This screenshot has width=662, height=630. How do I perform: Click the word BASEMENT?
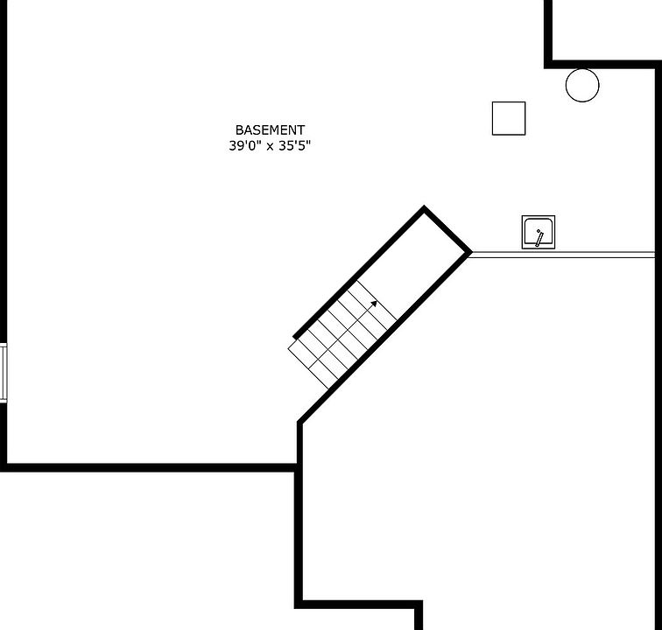coord(270,129)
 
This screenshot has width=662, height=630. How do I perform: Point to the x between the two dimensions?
coord(270,147)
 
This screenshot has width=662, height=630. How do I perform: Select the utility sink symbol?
coord(539,232)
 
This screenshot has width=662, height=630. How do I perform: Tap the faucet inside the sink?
coord(539,238)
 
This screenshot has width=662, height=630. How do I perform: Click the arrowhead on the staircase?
coord(374,304)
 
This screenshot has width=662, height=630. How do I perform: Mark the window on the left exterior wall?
coord(4,373)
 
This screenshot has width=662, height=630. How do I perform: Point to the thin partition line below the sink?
coord(561,255)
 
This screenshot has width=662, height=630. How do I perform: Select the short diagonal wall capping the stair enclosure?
coord(447,229)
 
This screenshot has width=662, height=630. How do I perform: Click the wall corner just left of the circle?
coord(548,65)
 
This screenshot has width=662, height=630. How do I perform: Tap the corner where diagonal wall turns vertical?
coord(300,423)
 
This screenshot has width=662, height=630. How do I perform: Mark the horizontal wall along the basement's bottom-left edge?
coord(148,467)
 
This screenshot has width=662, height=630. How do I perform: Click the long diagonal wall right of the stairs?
coord(384,338)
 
